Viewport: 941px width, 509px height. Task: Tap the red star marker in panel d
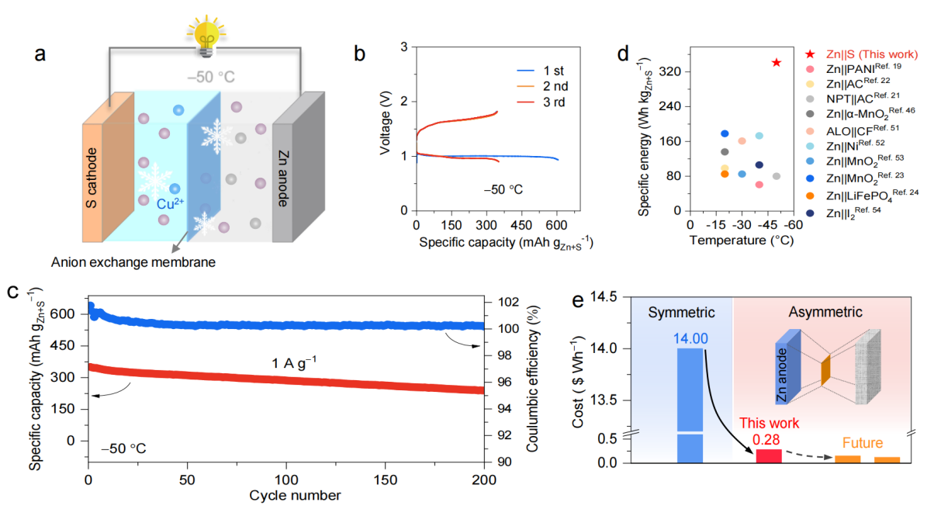click(x=777, y=62)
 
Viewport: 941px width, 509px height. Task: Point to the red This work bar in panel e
click(x=769, y=456)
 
